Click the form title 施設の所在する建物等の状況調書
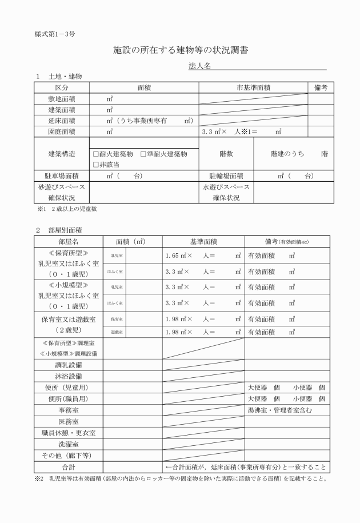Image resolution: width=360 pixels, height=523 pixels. point(180,51)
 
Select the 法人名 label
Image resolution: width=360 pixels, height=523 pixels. point(199,67)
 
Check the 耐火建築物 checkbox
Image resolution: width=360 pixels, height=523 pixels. point(96,154)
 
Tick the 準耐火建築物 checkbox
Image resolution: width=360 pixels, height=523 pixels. point(143,154)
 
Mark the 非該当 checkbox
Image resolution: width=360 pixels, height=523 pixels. point(96,164)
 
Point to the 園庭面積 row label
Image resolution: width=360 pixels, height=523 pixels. point(61,131)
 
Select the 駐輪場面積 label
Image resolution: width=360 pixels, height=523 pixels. point(226,176)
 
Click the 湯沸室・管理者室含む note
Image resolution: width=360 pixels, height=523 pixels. point(279,410)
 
